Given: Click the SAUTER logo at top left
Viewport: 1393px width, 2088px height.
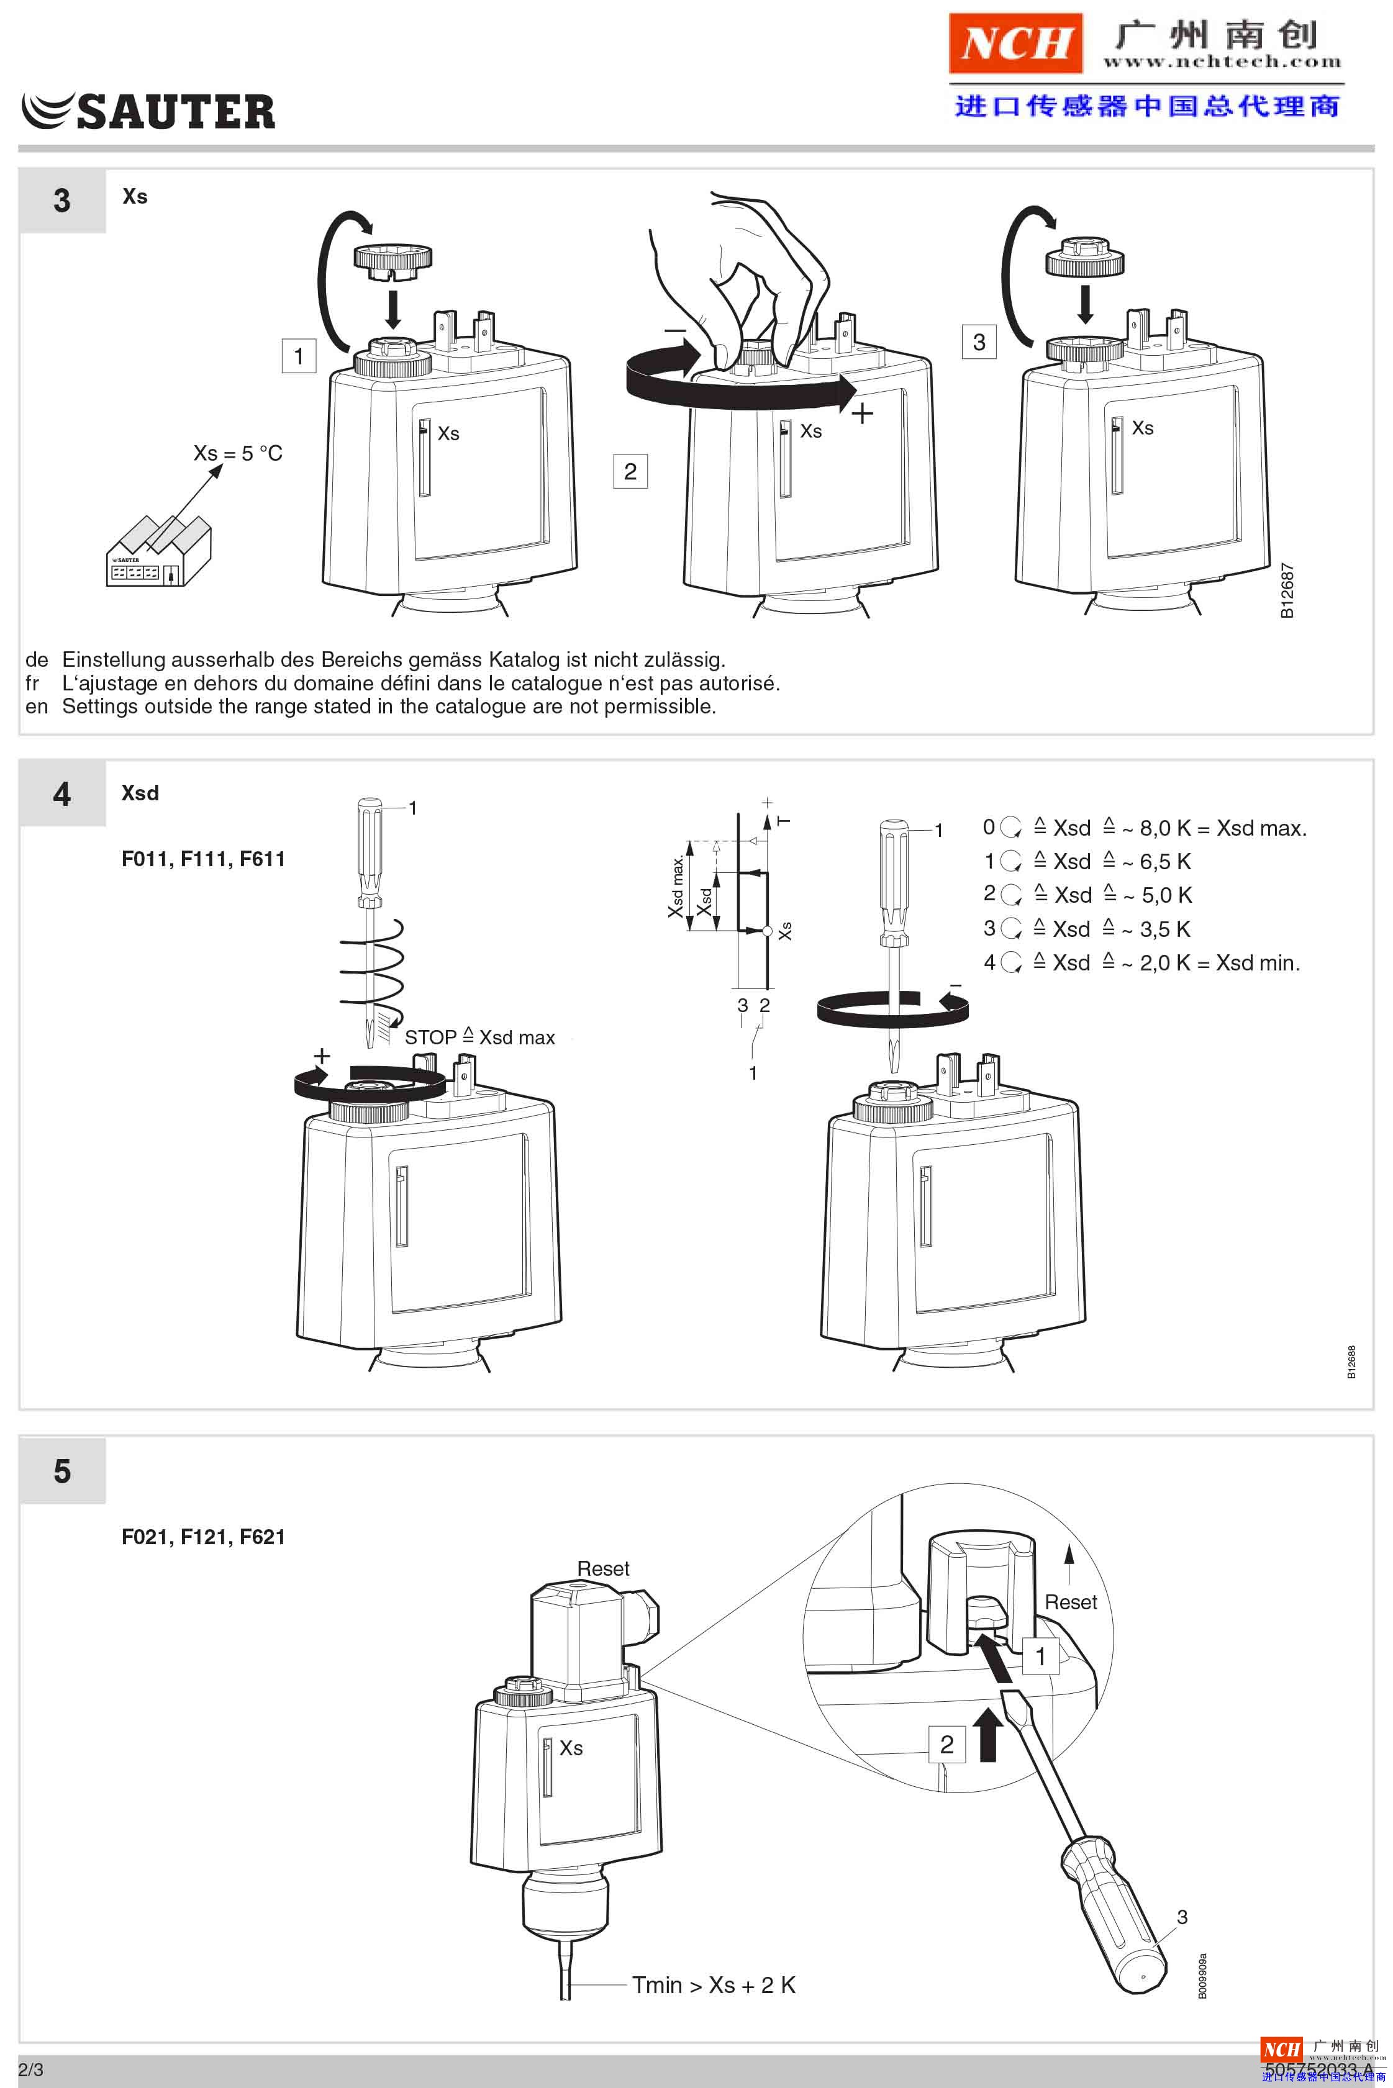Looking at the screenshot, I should click(148, 111).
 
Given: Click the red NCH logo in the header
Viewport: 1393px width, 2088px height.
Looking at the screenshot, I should click(1015, 43).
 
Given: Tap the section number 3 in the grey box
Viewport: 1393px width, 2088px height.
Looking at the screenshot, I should click(61, 201).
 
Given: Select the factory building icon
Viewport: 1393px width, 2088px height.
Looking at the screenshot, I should click(158, 553).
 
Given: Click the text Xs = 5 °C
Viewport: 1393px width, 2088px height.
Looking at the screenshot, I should click(237, 453).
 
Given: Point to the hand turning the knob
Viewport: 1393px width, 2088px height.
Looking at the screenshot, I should click(746, 275).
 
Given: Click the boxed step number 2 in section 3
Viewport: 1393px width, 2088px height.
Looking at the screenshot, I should click(630, 471).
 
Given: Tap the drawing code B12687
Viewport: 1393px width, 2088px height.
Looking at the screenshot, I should click(1286, 590).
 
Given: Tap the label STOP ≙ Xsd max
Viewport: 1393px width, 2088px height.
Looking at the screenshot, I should click(479, 1037).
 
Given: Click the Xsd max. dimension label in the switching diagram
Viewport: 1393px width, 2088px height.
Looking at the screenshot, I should click(677, 885).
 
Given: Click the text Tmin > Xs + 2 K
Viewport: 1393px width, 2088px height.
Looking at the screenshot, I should click(714, 1985).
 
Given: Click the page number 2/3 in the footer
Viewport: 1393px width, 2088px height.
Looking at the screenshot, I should click(30, 2069).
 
